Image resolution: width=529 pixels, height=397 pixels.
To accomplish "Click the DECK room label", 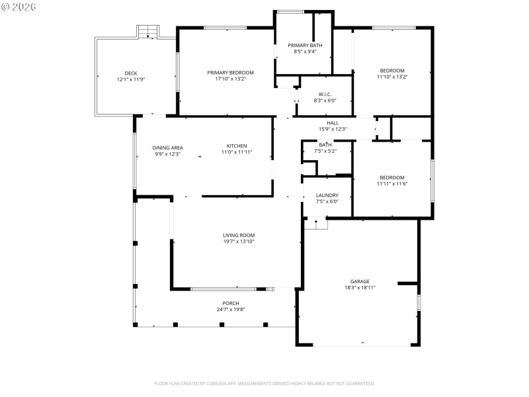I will (130, 73).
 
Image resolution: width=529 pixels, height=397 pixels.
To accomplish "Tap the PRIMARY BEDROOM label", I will (230, 72).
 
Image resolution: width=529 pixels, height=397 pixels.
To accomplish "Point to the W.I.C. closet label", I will (325, 94).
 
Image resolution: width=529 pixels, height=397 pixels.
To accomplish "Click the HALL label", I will (333, 122).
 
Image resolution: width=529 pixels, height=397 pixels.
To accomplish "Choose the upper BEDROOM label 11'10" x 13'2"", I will (391, 71).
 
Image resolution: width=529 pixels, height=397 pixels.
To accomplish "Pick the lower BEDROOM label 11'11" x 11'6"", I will (391, 177).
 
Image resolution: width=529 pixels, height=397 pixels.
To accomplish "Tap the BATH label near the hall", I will (325, 144).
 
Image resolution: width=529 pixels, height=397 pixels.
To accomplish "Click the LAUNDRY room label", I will (327, 195).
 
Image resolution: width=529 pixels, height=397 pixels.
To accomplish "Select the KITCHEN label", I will (237, 146).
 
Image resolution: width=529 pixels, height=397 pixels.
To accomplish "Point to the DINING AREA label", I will (167, 148).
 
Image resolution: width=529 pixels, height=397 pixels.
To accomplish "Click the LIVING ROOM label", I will (238, 235).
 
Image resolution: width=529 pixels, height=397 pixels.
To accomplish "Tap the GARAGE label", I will (360, 281).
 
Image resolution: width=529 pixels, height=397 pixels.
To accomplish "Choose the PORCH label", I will (230, 303).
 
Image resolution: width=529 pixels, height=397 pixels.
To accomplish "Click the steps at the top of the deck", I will (148, 31).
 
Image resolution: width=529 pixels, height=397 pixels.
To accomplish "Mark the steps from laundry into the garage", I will (316, 224).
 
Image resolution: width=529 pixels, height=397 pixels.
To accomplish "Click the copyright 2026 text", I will (19, 7).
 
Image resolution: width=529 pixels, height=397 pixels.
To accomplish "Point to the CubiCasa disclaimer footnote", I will (264, 383).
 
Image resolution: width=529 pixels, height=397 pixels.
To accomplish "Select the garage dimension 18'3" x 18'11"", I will (360, 288).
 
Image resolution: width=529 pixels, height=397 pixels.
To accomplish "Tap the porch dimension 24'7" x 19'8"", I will (230, 310).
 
